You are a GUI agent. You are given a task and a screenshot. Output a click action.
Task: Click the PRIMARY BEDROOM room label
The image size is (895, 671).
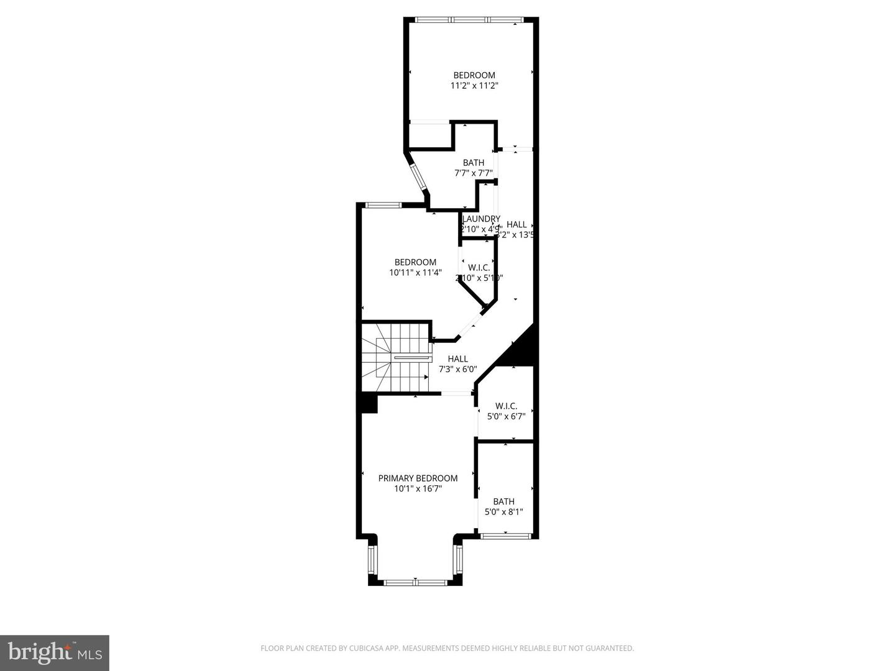[418, 478]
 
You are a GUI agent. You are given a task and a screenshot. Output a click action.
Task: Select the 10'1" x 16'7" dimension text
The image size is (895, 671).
[418, 489]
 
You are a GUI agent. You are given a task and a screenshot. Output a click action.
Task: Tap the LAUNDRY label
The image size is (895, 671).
[481, 219]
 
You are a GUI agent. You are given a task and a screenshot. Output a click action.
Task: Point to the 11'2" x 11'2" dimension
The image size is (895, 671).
[474, 86]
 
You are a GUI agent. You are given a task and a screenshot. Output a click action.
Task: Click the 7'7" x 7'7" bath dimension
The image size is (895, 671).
[474, 173]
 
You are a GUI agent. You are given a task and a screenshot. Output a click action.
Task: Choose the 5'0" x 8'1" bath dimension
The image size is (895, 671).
[503, 513]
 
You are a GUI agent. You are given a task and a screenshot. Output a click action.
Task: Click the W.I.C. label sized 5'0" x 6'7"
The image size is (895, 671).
[506, 406]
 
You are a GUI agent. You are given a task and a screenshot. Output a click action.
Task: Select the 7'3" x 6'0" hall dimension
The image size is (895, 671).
[457, 369]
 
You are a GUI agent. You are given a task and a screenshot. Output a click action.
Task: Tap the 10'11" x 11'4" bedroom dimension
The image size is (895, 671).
[415, 273]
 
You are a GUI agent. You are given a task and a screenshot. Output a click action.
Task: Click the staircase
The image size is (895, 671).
[395, 358]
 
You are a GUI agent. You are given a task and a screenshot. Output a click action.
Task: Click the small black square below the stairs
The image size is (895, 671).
[368, 404]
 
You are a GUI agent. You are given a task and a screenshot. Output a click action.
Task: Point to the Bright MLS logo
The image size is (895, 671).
[55, 652]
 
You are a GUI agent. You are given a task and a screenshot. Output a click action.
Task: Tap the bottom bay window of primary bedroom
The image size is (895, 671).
[415, 582]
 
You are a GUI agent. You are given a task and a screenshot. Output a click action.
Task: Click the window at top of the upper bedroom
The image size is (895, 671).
[471, 20]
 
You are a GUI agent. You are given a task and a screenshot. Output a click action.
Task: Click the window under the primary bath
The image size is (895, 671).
[505, 535]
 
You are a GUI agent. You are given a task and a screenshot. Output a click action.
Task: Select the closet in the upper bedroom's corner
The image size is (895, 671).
[429, 135]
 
